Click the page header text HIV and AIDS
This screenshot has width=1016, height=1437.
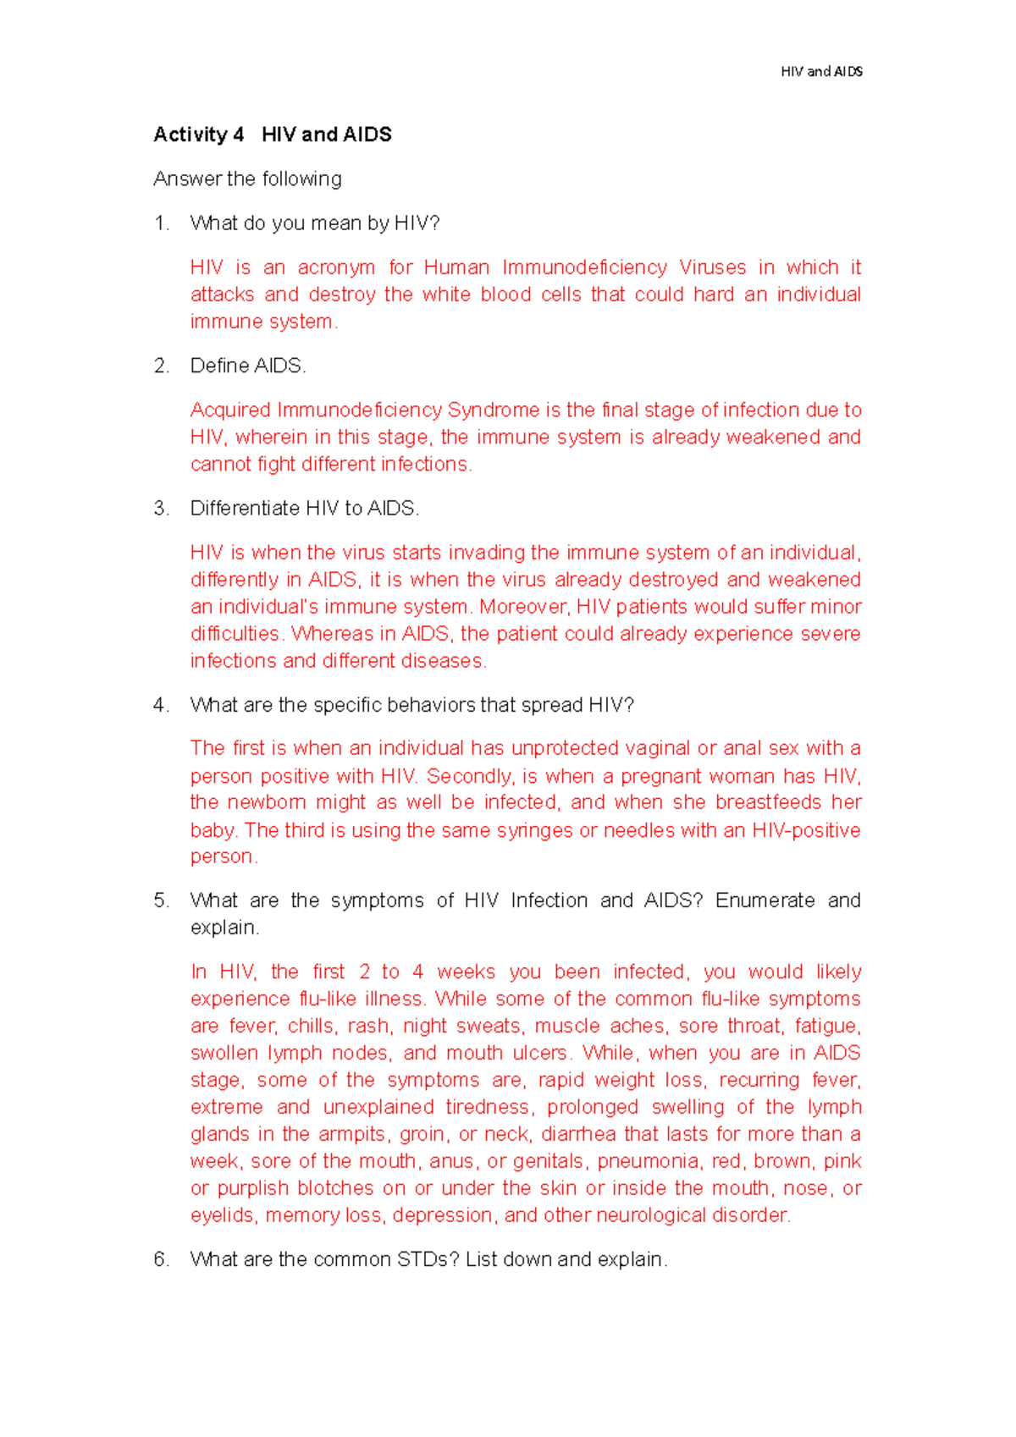coord(821,72)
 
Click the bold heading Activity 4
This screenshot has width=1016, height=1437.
coord(198,135)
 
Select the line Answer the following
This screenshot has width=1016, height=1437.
coord(247,179)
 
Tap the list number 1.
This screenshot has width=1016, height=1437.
coord(161,223)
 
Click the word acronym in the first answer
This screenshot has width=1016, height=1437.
coord(335,267)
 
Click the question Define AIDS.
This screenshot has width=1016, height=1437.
coord(247,366)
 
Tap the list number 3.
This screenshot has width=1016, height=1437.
coord(161,509)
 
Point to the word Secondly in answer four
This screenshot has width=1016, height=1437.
coord(469,776)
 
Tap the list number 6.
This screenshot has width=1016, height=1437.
coord(161,1259)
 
